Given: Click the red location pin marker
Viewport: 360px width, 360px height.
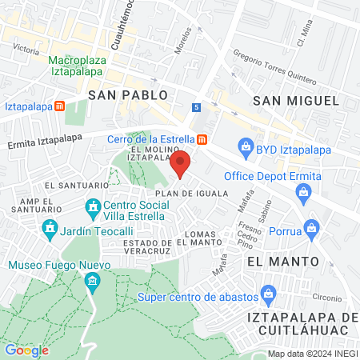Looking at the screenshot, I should click(x=181, y=163).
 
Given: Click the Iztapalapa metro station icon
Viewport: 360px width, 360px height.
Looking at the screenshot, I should click(x=59, y=106).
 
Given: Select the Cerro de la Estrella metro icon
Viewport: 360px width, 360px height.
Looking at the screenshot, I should click(x=203, y=139).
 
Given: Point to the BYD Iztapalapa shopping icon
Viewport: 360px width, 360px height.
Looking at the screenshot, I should click(x=246, y=146).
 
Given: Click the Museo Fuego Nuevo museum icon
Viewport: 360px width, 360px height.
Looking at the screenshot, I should click(x=93, y=281).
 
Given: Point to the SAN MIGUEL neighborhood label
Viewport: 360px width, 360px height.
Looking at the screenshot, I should click(x=295, y=100).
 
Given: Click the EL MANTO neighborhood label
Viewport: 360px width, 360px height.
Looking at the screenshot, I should click(x=283, y=262).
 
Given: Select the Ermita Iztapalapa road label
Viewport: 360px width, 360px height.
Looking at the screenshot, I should click(x=45, y=138).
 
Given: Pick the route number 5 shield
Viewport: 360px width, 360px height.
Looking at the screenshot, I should click(x=196, y=107).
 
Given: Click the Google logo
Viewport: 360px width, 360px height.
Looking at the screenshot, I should click(x=26, y=350).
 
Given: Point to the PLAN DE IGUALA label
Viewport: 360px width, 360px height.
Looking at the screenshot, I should click(x=192, y=194).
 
